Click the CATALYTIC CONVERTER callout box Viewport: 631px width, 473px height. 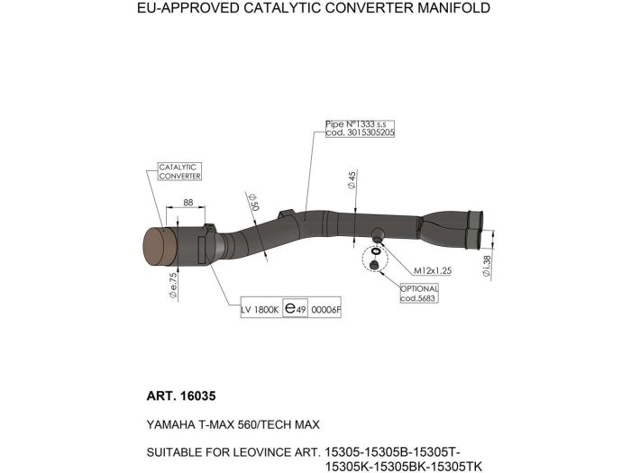tap(179, 172)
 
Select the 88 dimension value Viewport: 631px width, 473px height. tap(187, 203)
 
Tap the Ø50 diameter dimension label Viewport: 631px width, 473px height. tap(253, 202)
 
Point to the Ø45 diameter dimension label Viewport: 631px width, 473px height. tap(352, 180)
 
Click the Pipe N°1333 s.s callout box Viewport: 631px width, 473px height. tap(360, 128)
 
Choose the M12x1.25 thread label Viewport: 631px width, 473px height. tap(433, 270)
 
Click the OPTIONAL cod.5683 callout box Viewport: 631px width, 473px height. tap(419, 293)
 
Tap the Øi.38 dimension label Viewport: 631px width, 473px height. tap(487, 267)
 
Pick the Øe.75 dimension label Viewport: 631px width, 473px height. tap(173, 286)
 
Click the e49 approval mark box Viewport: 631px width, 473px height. tap(295, 308)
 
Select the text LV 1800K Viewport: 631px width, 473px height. tap(260, 310)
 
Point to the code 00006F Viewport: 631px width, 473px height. tap(325, 310)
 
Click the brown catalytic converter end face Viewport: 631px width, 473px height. tap(160, 247)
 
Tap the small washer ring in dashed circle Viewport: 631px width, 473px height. tap(376, 251)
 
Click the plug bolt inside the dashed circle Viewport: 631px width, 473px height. tap(374, 265)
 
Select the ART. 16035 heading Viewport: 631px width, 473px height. tap(181, 396)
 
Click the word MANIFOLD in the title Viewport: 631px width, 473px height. tap(453, 7)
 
